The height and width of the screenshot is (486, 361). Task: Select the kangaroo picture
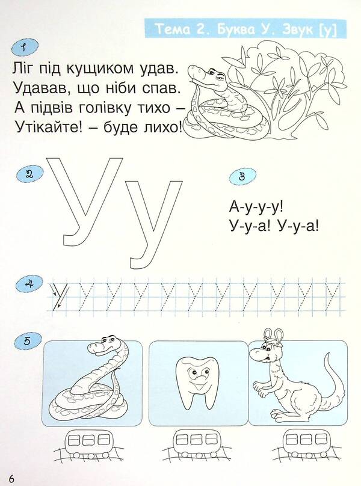click(289, 379)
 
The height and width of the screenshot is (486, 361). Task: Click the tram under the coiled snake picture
click(93, 438)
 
